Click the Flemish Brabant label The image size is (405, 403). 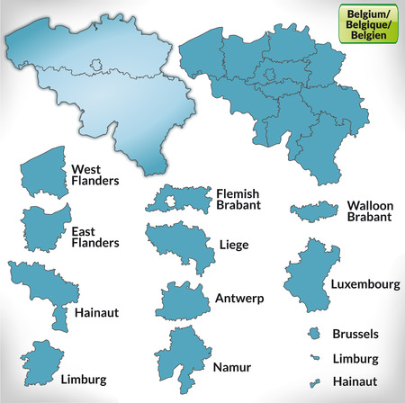pos(238,199)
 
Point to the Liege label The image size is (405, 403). pos(234,244)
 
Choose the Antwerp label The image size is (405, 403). pos(238,298)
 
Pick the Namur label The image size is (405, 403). pos(232,367)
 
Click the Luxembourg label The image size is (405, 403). pos(365,283)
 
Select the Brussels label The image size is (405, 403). pos(355,334)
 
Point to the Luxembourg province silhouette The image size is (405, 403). pos(309,279)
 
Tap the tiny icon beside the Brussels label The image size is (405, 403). pos(315,334)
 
